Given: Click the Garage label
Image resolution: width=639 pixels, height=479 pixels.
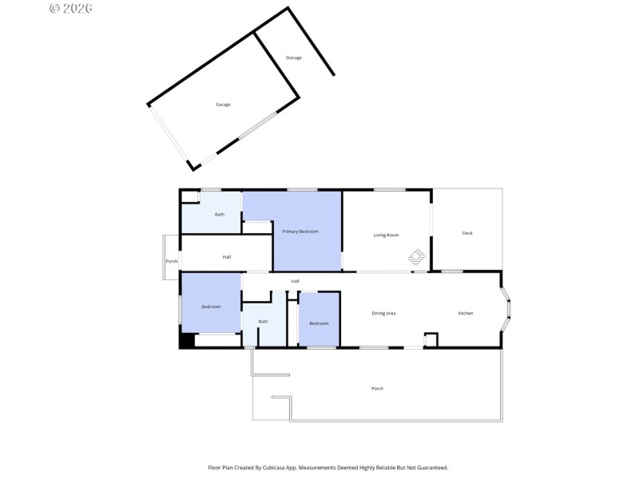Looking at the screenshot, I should tap(223, 105).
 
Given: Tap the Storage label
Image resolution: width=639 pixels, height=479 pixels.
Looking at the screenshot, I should tap(294, 57).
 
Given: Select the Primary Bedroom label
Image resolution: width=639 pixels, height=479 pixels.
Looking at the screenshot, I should tap(300, 232).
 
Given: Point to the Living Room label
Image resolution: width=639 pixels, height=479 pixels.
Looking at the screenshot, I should tap(387, 235).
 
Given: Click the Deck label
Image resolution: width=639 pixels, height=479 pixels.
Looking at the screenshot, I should tap(467, 233).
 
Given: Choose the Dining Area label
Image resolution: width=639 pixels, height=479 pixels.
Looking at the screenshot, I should tap(384, 313).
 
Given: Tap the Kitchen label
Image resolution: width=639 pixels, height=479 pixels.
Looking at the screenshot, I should tap(465, 313).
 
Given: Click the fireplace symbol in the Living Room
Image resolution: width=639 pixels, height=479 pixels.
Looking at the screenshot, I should tap(417, 257).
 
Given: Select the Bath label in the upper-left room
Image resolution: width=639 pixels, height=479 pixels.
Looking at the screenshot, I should tap(220, 215).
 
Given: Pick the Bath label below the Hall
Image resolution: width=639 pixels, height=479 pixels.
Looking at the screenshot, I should tap(263, 322).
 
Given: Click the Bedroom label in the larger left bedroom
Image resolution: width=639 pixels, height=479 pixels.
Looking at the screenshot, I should tap(211, 307).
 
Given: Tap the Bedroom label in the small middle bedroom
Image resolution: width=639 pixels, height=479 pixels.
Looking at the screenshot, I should tap(319, 323).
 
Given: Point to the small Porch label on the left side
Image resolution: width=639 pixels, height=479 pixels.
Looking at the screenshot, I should tap(171, 262).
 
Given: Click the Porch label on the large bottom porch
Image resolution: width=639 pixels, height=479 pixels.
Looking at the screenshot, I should tap(378, 389).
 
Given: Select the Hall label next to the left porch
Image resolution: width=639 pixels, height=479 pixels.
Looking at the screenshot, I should tap(227, 257).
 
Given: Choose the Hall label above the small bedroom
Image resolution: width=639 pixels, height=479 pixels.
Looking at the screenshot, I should tap(296, 281).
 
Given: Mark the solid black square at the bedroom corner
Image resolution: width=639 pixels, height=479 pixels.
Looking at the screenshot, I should tap(186, 340).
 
